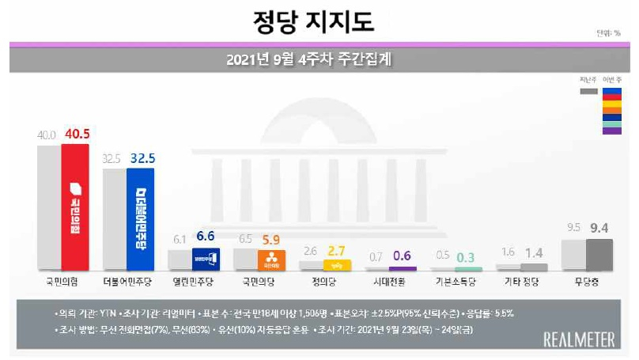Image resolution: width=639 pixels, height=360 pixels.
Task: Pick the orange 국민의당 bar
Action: click(271, 260)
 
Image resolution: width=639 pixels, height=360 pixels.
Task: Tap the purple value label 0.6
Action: click(402, 256)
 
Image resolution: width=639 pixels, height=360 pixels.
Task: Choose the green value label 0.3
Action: click(466, 256)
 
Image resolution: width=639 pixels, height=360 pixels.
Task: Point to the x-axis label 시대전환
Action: click(390, 282)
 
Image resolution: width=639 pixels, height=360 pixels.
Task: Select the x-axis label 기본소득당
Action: click(456, 282)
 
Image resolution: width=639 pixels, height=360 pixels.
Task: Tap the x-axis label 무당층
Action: click(586, 282)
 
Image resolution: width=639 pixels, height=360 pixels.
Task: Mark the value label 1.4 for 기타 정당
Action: click(531, 253)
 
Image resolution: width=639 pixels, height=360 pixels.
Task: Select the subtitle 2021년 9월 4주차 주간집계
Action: click(319, 59)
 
